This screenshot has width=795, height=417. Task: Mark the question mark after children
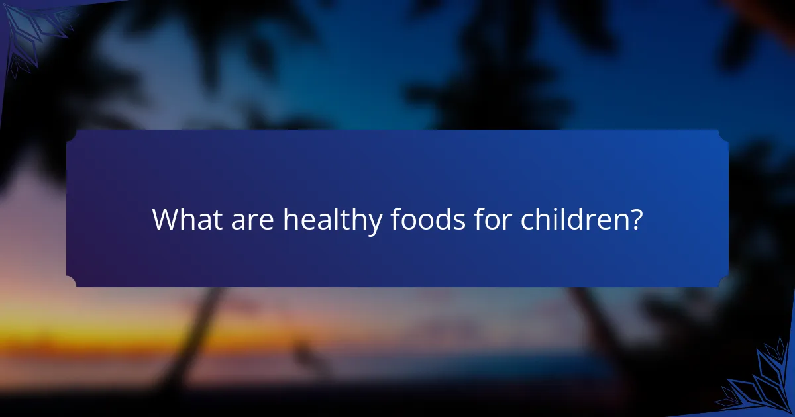(635, 220)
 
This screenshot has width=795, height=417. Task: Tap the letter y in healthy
(374, 224)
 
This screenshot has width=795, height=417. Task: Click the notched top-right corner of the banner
(723, 135)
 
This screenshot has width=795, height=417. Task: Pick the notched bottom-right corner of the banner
(723, 282)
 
